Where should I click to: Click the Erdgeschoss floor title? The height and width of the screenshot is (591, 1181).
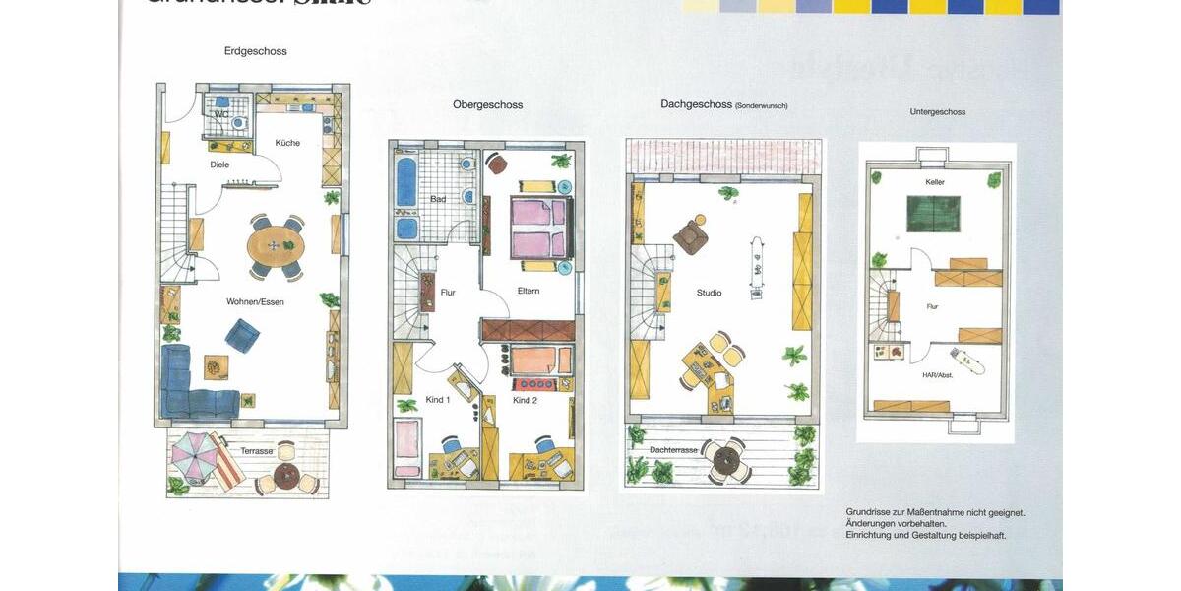point(255,51)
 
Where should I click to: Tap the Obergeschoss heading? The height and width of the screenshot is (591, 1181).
point(487,104)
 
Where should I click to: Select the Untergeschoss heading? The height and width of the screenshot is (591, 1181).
point(937,112)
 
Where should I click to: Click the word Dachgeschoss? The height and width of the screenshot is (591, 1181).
point(696,104)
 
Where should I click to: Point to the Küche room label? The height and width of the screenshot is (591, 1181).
point(287,143)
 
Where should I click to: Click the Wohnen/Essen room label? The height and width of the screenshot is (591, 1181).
point(255,302)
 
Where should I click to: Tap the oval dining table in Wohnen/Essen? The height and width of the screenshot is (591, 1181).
point(276,245)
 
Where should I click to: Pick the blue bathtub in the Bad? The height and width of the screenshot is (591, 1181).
point(406,182)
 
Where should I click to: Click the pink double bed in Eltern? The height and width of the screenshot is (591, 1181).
point(539,228)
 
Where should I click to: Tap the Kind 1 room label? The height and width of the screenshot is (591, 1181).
point(438,400)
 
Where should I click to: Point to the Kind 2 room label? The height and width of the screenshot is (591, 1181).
point(525,401)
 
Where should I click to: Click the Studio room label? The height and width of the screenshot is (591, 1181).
point(709,293)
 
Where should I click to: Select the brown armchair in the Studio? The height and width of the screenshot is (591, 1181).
point(690,236)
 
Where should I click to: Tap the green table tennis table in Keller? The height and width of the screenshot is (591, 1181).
point(933,214)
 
